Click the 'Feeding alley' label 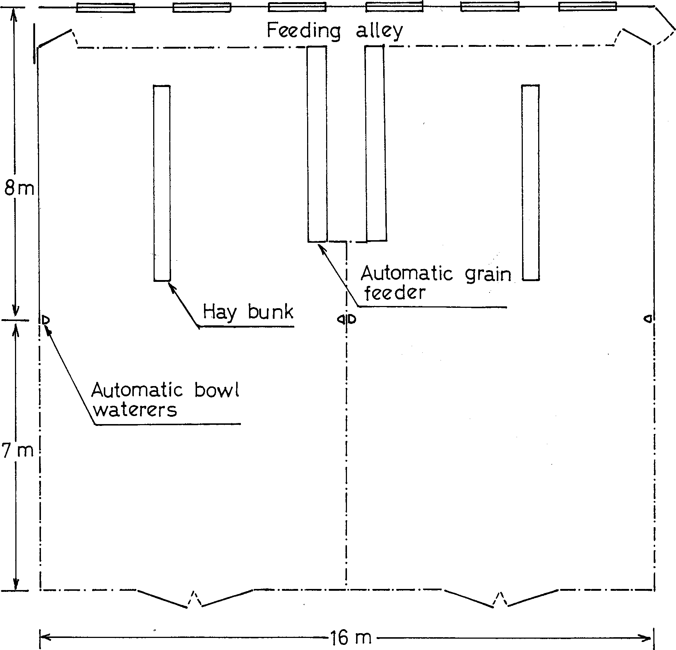point(335,31)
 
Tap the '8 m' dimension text point(19,189)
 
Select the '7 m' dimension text point(18,451)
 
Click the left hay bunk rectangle point(162,183)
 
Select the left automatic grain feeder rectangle point(317,144)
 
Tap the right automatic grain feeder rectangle point(375,143)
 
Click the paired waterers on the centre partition point(346,320)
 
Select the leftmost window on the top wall point(106,8)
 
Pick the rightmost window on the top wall point(588,7)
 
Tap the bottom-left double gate point(195,597)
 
